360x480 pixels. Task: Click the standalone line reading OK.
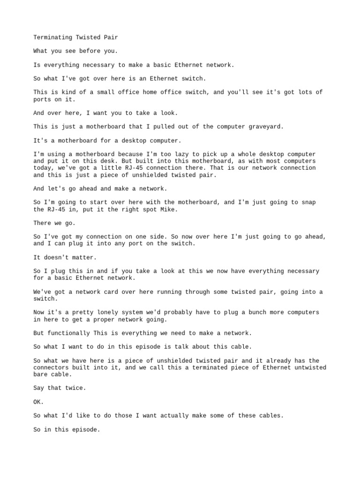(x=38, y=402)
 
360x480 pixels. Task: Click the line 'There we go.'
(x=54, y=223)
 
